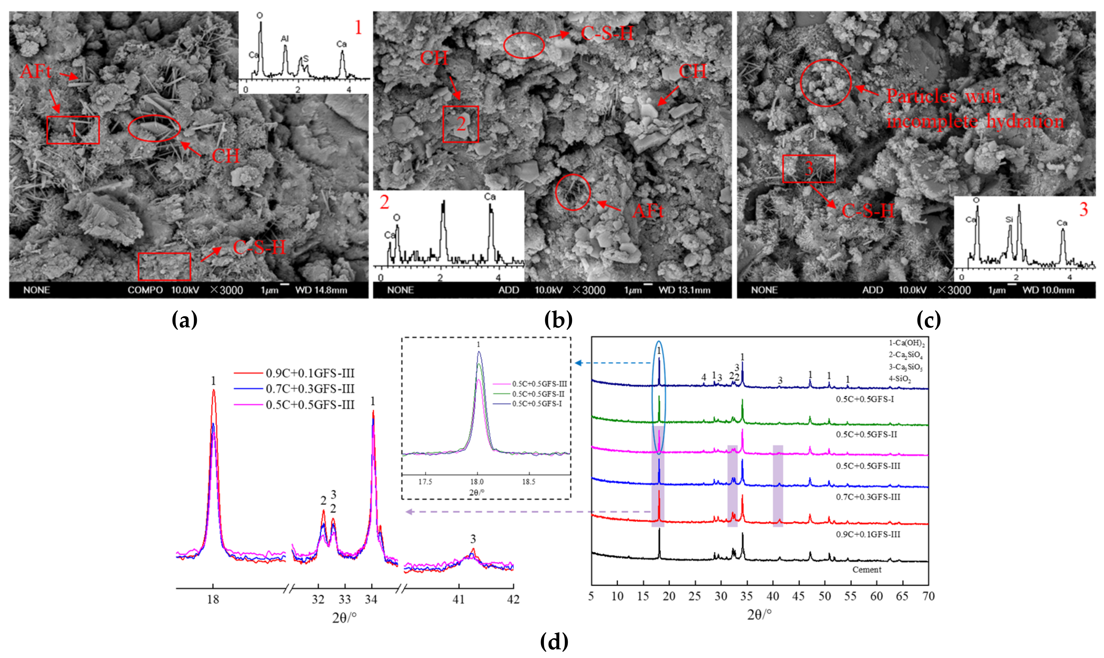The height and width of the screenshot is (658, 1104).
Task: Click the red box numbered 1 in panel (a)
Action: (73, 130)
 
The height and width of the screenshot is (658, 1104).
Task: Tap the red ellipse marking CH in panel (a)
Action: (154, 128)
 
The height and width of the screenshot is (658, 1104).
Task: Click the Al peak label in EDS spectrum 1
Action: (284, 39)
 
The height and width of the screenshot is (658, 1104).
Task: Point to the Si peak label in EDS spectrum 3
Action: (1009, 219)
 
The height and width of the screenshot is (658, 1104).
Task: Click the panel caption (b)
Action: (558, 320)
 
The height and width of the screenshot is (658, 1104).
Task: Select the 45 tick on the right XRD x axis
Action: (798, 596)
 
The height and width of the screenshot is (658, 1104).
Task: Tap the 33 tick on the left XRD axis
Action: (344, 599)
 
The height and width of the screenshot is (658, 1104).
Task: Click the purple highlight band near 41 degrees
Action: (778, 486)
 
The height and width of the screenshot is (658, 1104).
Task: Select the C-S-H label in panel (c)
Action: (867, 211)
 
